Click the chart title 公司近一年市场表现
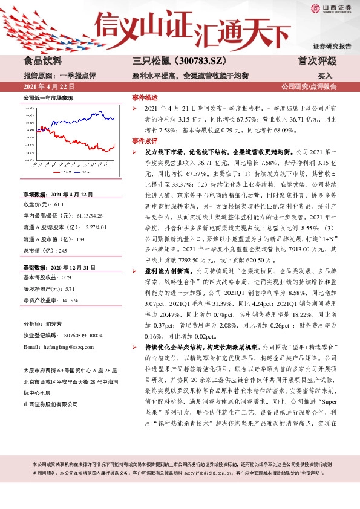pyautogui.click(x=48, y=97)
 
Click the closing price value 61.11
pyautogui.click(x=62, y=206)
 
